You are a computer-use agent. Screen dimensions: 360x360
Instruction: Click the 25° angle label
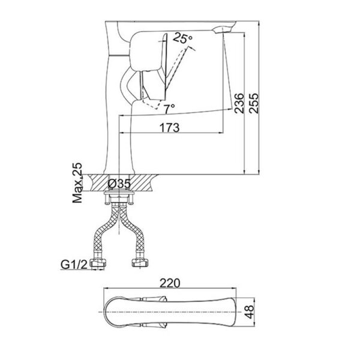[x=183, y=38]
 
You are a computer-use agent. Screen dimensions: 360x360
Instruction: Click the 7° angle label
[x=169, y=108]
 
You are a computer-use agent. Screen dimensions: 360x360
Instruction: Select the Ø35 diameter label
[x=120, y=184]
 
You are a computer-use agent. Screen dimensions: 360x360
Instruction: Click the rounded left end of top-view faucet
[x=105, y=311]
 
